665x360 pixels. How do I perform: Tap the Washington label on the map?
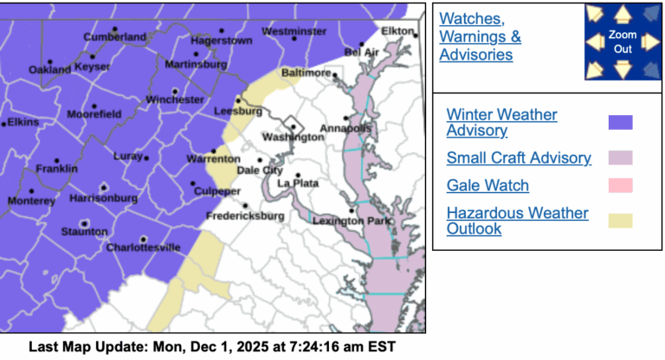pyautogui.click(x=287, y=138)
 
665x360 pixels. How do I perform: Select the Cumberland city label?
pyautogui.click(x=114, y=37)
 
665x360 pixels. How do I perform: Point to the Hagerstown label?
pyautogui.click(x=221, y=41)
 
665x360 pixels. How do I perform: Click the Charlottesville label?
pyautogui.click(x=144, y=247)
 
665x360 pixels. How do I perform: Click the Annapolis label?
pyautogui.click(x=345, y=129)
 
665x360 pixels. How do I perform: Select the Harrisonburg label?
pyautogui.click(x=103, y=198)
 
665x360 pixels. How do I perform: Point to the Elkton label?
pyautogui.click(x=399, y=30)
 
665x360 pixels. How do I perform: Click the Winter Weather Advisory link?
pyautogui.click(x=501, y=122)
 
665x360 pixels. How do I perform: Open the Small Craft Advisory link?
pyautogui.click(x=519, y=157)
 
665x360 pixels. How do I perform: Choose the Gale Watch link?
pyautogui.click(x=487, y=185)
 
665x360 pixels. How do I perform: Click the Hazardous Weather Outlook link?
pyautogui.click(x=517, y=221)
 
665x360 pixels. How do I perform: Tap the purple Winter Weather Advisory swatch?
pyautogui.click(x=621, y=122)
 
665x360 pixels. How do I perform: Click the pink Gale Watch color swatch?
pyautogui.click(x=621, y=185)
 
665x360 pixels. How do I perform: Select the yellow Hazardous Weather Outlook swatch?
pyautogui.click(x=621, y=221)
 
